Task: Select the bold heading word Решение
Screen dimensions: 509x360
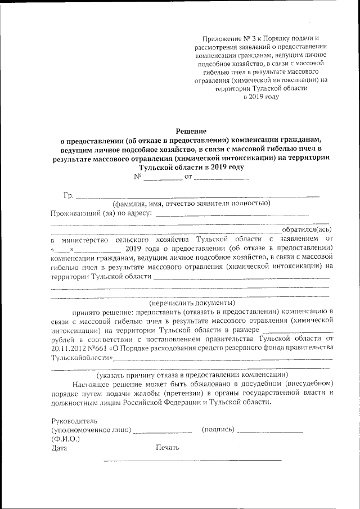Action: (x=188, y=130)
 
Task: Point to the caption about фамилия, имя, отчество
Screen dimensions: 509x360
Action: (x=191, y=204)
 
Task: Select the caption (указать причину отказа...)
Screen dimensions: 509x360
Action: (x=192, y=375)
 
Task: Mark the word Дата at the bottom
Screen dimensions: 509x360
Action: (x=59, y=448)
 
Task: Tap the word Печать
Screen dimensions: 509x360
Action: (x=168, y=448)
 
